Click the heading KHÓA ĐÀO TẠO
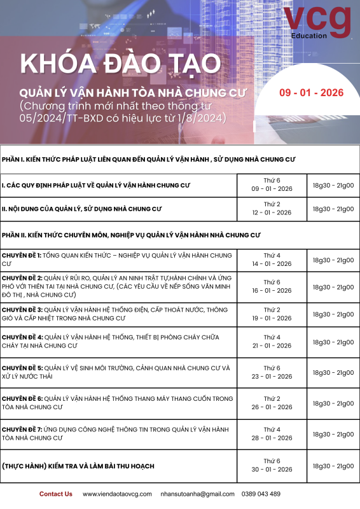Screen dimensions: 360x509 [121, 64]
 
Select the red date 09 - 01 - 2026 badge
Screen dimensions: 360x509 [312, 93]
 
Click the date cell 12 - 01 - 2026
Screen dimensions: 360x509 [272, 213]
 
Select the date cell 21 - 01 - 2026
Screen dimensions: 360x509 [272, 345]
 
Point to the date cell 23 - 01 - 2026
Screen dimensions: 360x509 [272, 376]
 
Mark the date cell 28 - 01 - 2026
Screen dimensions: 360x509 [272, 438]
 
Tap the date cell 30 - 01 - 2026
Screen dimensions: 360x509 [272, 470]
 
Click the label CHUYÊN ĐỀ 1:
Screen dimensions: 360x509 [22, 255]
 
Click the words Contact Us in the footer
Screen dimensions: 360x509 [56, 494]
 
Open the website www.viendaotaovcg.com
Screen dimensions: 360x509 [117, 494]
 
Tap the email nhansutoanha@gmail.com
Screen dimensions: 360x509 [197, 494]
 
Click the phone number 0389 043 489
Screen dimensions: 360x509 [261, 494]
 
